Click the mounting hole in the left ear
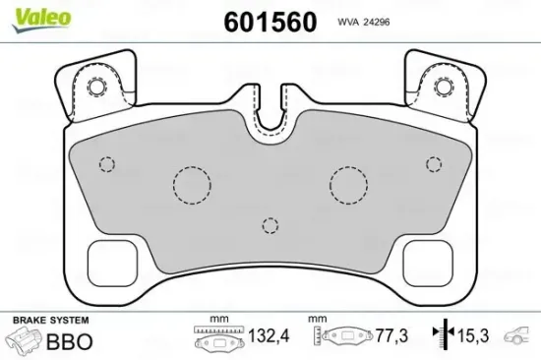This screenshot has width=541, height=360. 96,86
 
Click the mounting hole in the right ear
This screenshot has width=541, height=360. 446,86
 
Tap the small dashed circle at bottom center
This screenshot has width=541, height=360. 269,225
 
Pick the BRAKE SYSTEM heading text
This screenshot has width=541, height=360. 49,322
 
